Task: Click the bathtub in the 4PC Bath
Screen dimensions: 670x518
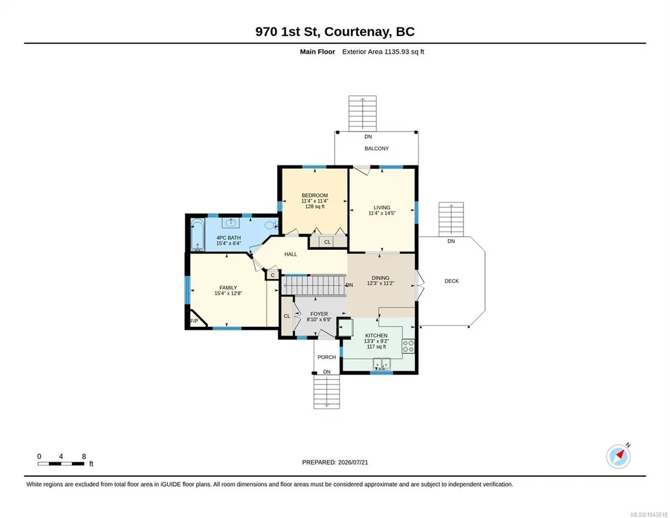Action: (197, 235)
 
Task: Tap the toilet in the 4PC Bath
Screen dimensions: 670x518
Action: (271, 225)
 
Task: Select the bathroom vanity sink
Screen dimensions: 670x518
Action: (231, 222)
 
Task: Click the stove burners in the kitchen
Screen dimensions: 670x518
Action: (408, 346)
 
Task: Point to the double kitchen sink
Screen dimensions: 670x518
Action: (382, 364)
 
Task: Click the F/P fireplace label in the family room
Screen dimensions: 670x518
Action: (194, 321)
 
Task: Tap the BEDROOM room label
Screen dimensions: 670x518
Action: (314, 196)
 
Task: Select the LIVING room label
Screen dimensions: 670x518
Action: (382, 207)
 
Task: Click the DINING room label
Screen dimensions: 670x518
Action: (380, 278)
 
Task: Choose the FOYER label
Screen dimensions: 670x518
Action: (319, 314)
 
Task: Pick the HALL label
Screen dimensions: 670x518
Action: (291, 254)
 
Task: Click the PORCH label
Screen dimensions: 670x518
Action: (327, 357)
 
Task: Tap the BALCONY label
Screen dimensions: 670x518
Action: (377, 148)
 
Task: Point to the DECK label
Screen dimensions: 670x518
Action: (452, 281)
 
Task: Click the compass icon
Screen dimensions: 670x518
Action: (618, 456)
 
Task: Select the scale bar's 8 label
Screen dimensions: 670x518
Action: (84, 457)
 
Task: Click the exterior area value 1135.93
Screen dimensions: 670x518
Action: (397, 52)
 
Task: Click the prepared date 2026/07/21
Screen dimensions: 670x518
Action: (353, 462)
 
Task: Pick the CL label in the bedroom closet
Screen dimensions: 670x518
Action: (327, 242)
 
